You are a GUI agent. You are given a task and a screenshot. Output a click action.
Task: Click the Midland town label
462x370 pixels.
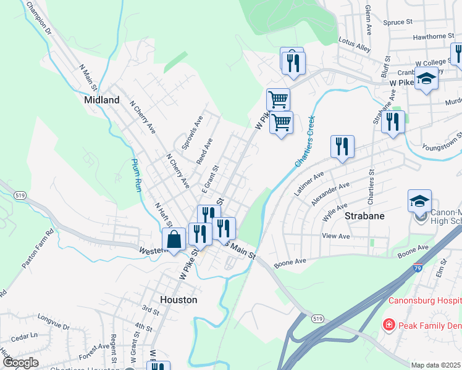pyautogui.click(x=102, y=99)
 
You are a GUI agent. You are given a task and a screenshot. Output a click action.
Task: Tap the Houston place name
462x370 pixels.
pyautogui.click(x=178, y=300)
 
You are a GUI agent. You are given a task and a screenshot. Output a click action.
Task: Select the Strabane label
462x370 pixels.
pyautogui.click(x=364, y=216)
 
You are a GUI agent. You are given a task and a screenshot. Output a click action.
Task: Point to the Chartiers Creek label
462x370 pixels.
pyautogui.click(x=304, y=142)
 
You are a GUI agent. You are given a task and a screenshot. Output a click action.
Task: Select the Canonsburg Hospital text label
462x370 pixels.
pyautogui.click(x=425, y=301)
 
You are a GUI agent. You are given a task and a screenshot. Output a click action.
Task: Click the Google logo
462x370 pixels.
pyautogui.click(x=20, y=363)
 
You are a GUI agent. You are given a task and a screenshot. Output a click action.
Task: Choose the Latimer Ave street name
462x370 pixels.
pyautogui.click(x=309, y=184)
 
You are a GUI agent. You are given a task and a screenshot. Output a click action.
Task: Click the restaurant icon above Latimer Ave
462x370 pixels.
pyautogui.click(x=342, y=147)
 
